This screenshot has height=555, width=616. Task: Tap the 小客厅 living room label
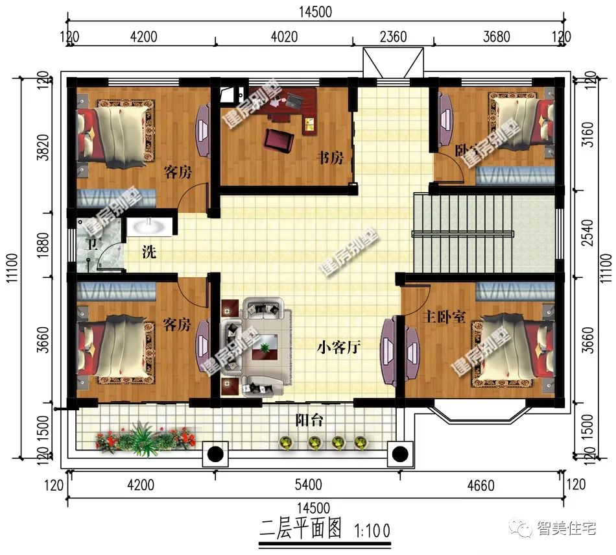(338, 347)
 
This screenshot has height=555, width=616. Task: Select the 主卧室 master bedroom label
(444, 318)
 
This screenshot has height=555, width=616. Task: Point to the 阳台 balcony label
(309, 420)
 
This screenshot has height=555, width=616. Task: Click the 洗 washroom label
(149, 253)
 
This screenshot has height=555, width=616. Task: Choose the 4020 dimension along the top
(284, 36)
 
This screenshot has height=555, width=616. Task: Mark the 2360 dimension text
(393, 36)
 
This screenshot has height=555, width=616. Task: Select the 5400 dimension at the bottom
(308, 485)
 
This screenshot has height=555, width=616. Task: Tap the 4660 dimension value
(480, 486)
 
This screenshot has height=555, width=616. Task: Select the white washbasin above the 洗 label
(150, 227)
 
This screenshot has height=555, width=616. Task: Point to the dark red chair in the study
(278, 139)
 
